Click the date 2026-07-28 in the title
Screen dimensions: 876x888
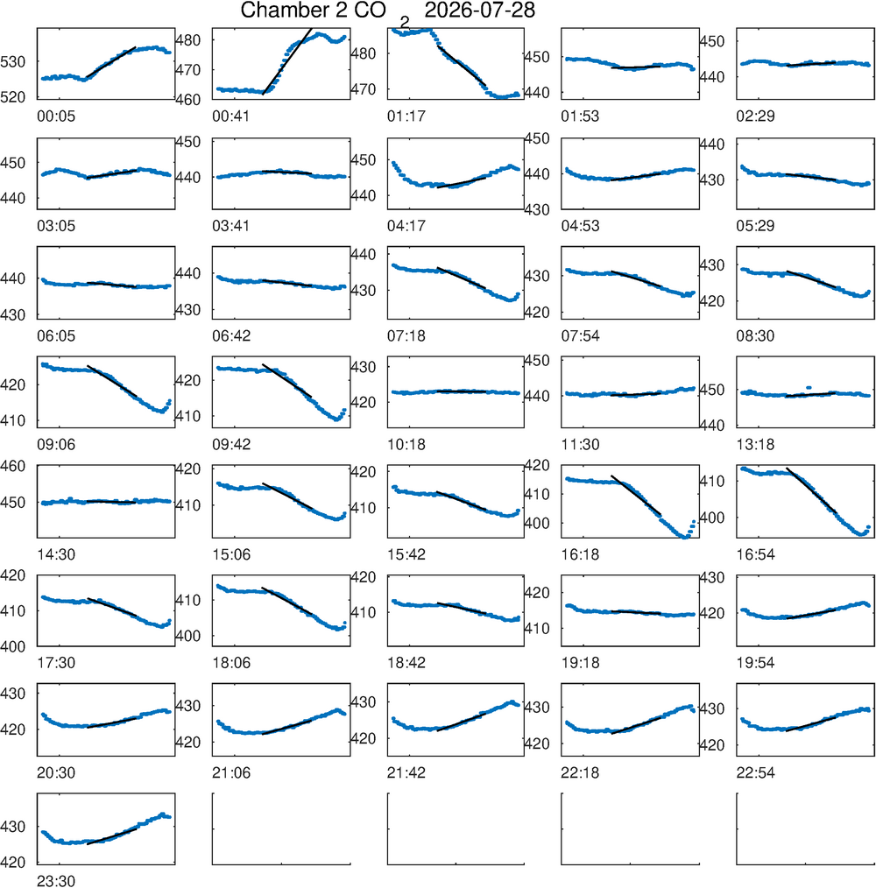[479, 11]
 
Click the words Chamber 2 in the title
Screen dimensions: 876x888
[294, 11]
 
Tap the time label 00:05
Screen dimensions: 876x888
[56, 116]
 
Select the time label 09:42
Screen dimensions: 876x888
[231, 445]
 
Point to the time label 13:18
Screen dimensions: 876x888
[755, 445]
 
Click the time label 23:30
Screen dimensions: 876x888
[56, 881]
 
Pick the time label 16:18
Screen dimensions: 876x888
[580, 554]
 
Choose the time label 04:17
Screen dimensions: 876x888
[406, 226]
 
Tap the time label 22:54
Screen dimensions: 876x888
[755, 772]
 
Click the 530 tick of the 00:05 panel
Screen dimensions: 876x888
[13, 61]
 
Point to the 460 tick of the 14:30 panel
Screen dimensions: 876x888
[13, 466]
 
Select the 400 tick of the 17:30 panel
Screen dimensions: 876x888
[13, 646]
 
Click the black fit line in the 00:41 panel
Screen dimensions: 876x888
[287, 61]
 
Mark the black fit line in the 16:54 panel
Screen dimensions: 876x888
[811, 490]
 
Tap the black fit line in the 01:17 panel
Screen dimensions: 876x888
[462, 66]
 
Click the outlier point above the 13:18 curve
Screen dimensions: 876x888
[809, 387]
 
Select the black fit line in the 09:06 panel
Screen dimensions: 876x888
[112, 381]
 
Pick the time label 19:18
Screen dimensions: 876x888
[580, 663]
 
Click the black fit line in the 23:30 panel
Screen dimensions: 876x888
[112, 836]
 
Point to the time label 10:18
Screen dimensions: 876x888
[406, 445]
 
